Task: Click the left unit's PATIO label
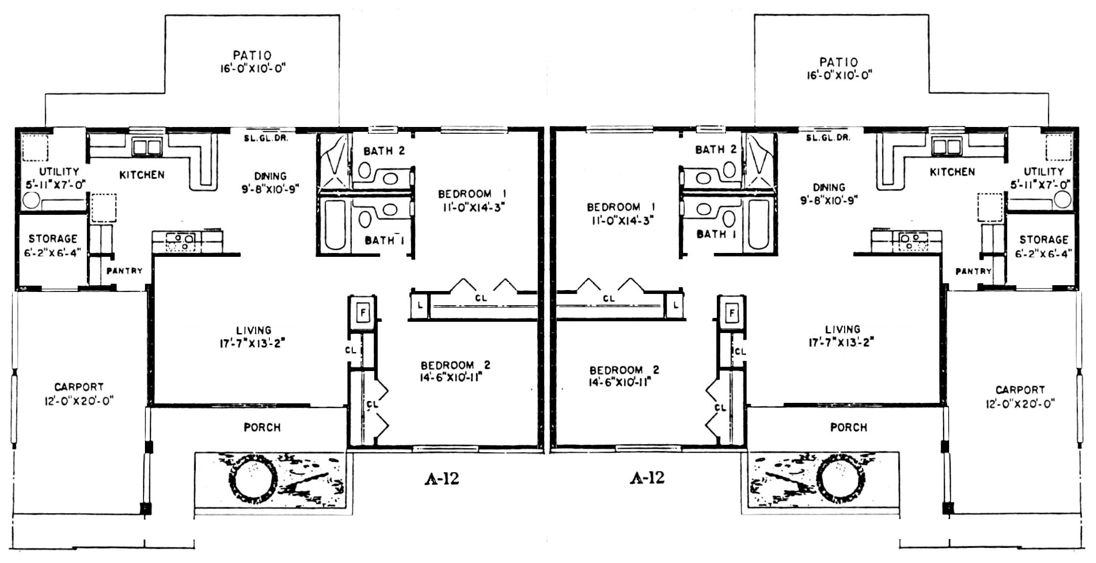pyautogui.click(x=252, y=55)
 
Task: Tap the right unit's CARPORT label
pyautogui.click(x=1020, y=390)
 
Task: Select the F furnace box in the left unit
pyautogui.click(x=362, y=312)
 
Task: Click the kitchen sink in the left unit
pyautogui.click(x=147, y=146)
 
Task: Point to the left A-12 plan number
pyautogui.click(x=442, y=479)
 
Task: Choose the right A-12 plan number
pyautogui.click(x=647, y=478)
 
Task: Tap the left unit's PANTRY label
pyautogui.click(x=124, y=271)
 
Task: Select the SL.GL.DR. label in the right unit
pyautogui.click(x=828, y=138)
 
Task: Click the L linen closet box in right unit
pyautogui.click(x=675, y=306)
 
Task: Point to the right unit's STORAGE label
pyautogui.click(x=1044, y=240)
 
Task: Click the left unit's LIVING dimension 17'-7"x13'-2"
pyautogui.click(x=252, y=344)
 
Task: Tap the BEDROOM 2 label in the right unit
pyautogui.click(x=624, y=370)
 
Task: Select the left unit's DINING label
pyautogui.click(x=270, y=176)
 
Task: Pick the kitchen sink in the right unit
pyautogui.click(x=946, y=146)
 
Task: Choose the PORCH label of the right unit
pyautogui.click(x=849, y=427)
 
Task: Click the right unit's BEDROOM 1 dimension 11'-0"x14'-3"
pyautogui.click(x=622, y=221)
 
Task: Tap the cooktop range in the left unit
pyautogui.click(x=181, y=242)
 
